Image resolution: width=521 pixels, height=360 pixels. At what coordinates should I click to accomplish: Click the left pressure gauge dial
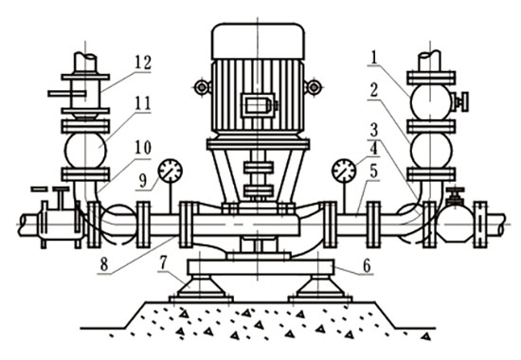click(x=171, y=171)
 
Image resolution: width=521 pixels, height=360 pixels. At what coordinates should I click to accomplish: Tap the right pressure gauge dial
click(x=344, y=171)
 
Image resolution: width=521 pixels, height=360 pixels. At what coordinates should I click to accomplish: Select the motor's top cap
click(x=257, y=39)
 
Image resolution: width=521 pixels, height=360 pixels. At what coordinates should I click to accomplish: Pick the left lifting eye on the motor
click(x=201, y=88)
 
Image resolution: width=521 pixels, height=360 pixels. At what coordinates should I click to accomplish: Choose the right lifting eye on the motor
click(x=312, y=88)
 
